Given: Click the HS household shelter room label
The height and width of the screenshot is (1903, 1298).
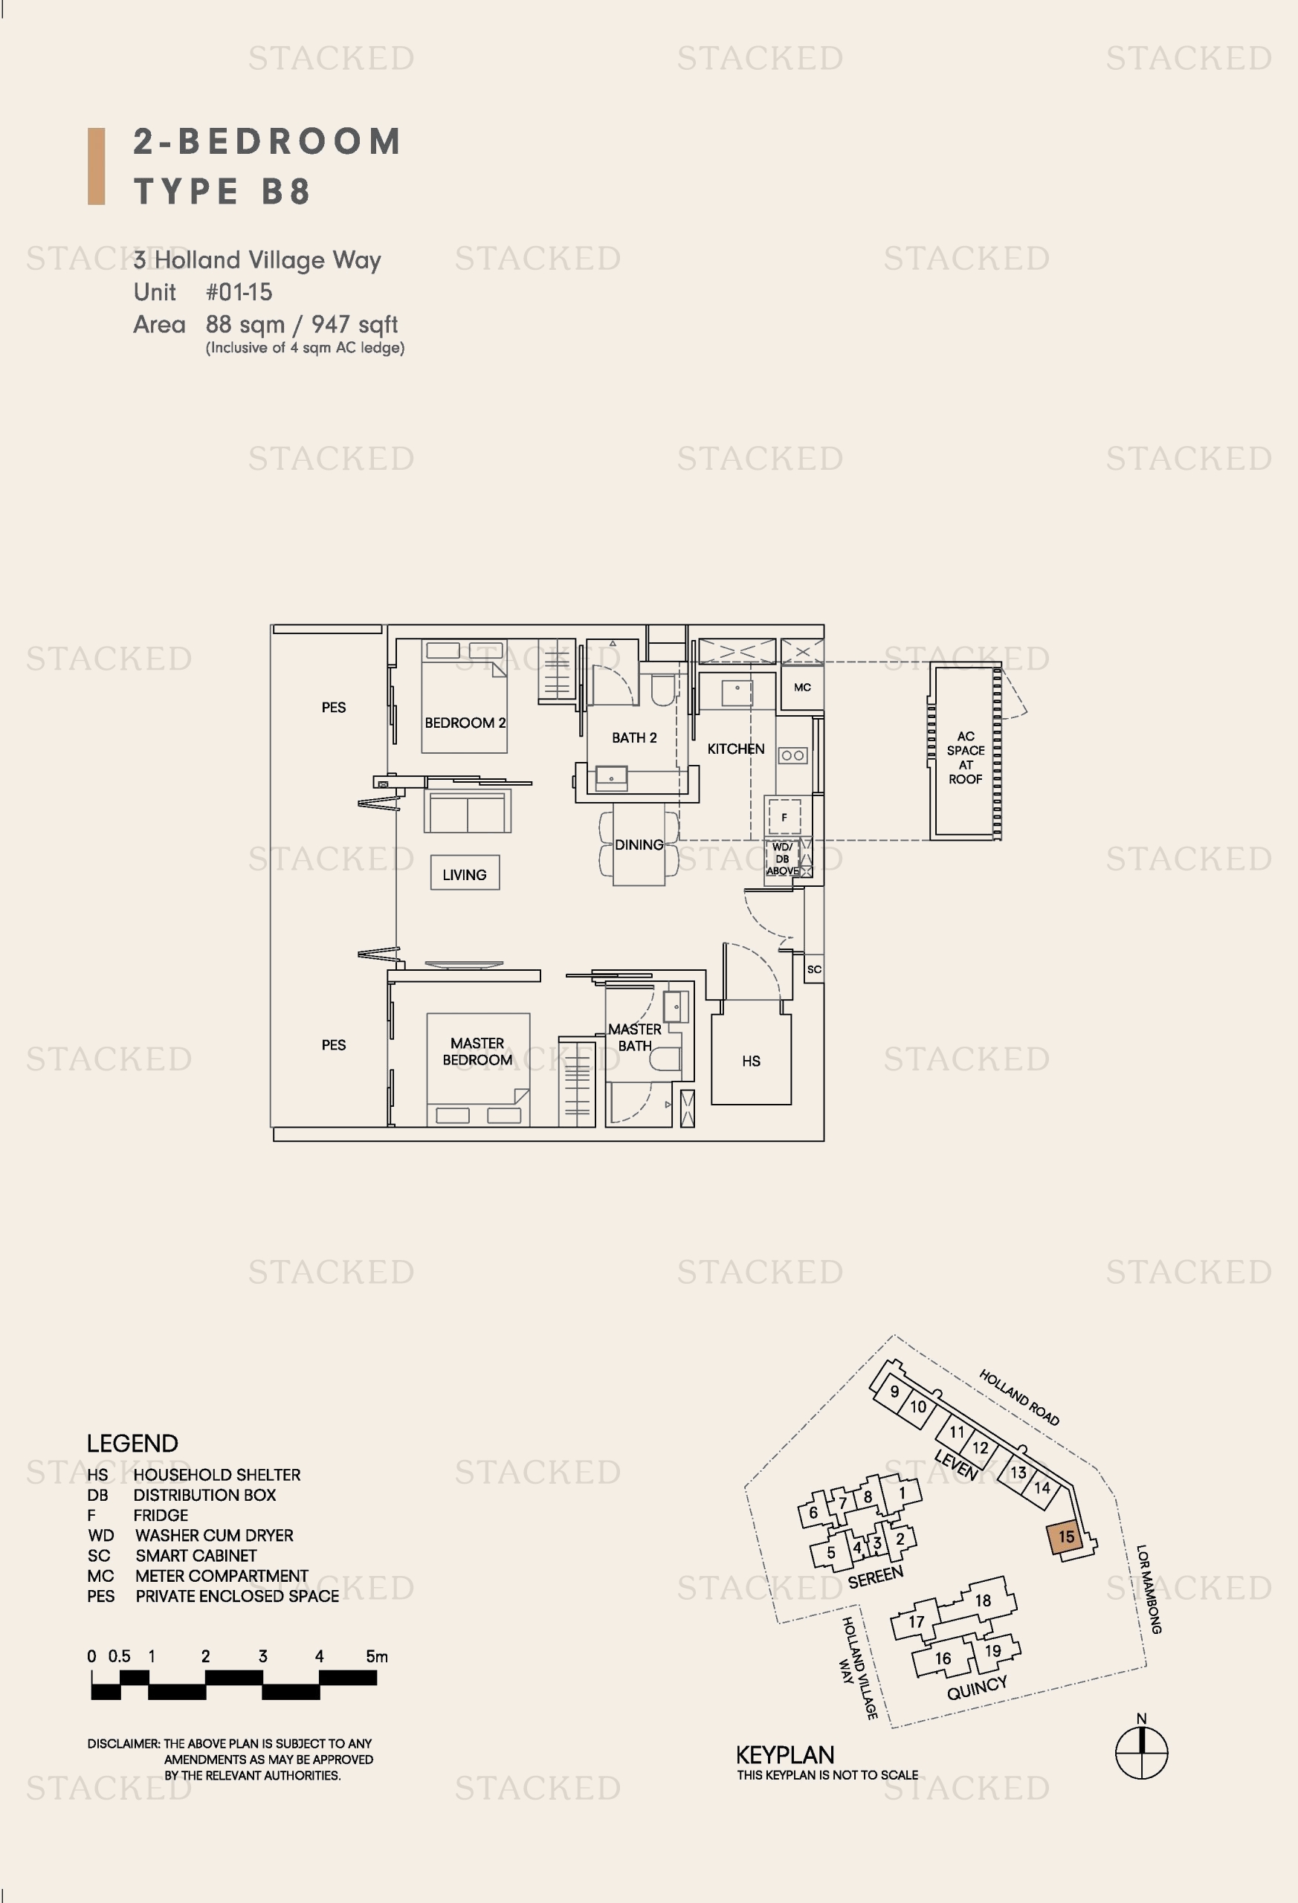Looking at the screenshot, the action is [x=751, y=1061].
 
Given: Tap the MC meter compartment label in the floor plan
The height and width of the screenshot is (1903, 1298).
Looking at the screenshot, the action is [x=801, y=687].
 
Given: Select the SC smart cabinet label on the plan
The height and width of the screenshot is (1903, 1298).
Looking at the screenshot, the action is [x=814, y=969].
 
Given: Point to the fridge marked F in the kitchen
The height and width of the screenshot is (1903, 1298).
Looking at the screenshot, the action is [x=784, y=816].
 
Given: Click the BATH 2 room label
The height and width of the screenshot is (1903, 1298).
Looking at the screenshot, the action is [x=634, y=737].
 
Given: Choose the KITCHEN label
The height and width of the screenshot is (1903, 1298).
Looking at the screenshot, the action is [x=735, y=749].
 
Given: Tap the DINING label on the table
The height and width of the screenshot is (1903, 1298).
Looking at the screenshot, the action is [x=639, y=844].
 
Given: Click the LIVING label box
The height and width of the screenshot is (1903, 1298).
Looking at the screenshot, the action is [x=465, y=874].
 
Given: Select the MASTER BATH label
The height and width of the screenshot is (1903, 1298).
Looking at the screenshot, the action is [x=635, y=1037].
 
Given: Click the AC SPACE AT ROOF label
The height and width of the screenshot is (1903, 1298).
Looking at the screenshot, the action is [x=966, y=757].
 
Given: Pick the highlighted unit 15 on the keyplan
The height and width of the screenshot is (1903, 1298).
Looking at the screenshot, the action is [x=1065, y=1537].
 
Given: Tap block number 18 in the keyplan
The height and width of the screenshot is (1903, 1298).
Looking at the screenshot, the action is [x=983, y=1600].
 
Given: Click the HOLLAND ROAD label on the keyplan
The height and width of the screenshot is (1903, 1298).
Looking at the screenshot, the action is [x=1018, y=1397].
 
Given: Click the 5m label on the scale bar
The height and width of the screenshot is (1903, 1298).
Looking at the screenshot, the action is [x=377, y=1655].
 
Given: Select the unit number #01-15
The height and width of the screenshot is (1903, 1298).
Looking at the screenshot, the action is [x=239, y=292].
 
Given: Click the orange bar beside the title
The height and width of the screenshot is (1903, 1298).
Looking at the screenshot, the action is [x=97, y=167].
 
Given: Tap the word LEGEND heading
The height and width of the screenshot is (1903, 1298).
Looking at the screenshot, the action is [x=132, y=1443].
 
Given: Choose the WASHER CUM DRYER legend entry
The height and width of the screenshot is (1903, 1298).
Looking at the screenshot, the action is [x=191, y=1535].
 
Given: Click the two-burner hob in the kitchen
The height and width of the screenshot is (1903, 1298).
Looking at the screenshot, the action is [x=792, y=755].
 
